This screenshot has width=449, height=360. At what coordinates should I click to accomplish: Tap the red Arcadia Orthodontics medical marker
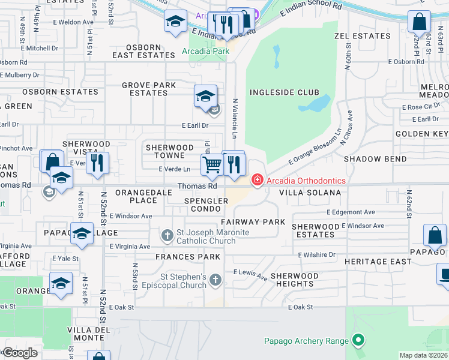coord(257,180)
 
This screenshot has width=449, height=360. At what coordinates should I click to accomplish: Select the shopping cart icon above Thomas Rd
coord(212,164)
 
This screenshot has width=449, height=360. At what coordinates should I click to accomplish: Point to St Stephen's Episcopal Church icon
coord(215,280)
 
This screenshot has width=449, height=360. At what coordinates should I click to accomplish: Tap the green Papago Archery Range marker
coord(358,341)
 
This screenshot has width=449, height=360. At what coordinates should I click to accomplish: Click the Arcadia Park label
coord(206,52)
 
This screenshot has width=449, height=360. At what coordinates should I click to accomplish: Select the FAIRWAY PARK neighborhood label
coord(256,222)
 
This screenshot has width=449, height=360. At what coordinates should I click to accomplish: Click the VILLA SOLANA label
coord(310,193)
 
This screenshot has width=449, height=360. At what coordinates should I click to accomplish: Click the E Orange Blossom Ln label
coord(314,147)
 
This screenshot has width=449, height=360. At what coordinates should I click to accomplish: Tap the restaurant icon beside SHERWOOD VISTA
coord(97,163)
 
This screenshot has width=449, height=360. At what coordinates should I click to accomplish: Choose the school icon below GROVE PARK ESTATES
coord(205,96)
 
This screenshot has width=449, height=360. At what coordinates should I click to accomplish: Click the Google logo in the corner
coord(20,353)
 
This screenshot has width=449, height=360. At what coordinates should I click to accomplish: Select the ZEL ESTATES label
coord(362,36)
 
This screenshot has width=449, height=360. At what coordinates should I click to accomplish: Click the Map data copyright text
coord(423,355)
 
